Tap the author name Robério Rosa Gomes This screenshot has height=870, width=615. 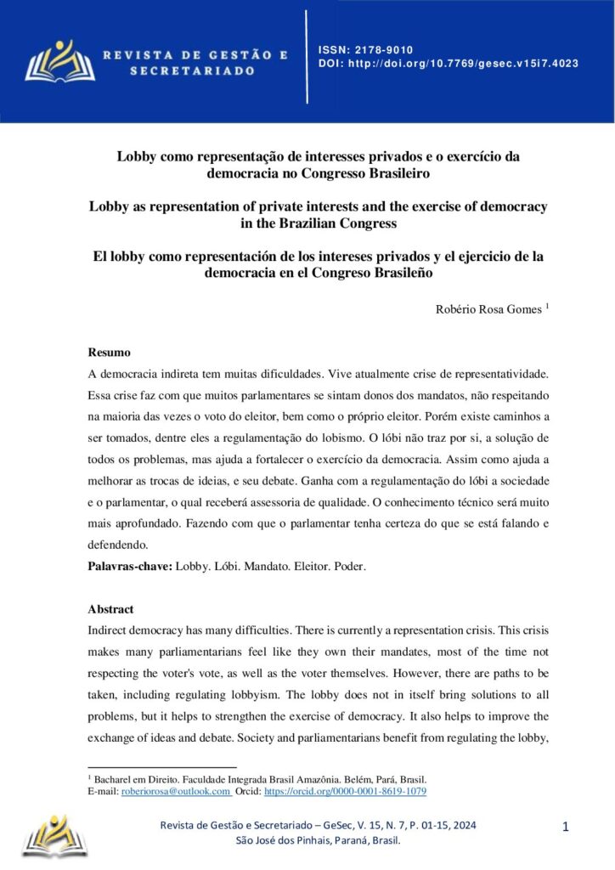[x=488, y=310]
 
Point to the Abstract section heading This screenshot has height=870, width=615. [x=110, y=609]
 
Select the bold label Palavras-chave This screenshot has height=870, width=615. [x=130, y=566]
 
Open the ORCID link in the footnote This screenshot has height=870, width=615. [x=345, y=791]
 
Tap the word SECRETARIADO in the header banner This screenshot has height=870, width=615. [x=192, y=71]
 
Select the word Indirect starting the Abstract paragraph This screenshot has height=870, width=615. [x=110, y=631]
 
